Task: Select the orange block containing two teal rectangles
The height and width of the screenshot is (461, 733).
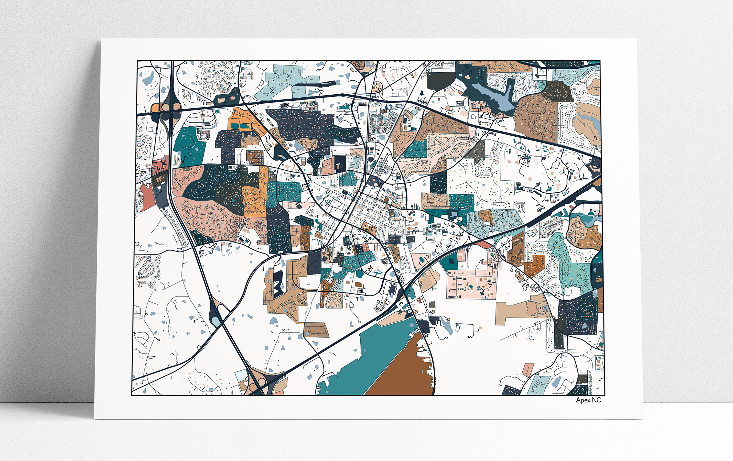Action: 244,122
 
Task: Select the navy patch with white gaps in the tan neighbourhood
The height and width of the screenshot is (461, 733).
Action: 278,283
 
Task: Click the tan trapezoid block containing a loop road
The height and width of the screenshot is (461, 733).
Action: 317,330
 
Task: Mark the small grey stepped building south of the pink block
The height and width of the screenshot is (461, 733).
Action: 432,304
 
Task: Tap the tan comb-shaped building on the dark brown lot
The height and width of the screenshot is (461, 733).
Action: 158,180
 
